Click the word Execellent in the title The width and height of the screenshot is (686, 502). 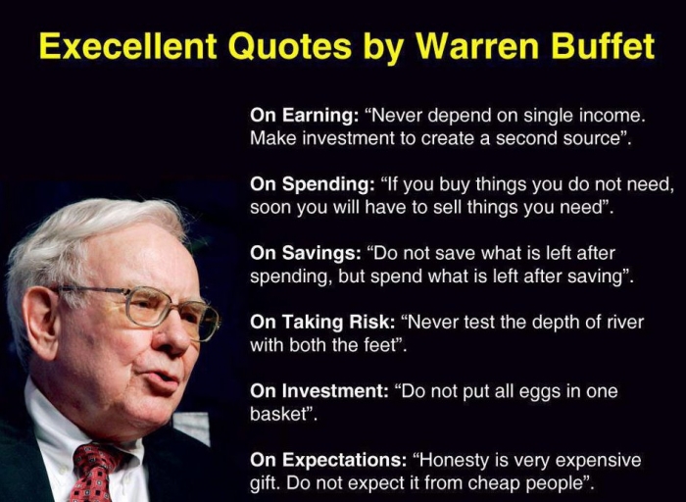pos(127,46)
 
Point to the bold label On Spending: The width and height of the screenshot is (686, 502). pos(311,184)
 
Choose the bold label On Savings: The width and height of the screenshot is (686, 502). pos(306,253)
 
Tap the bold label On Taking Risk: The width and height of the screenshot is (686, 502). pos(322,323)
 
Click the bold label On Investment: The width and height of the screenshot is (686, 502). pos(319,391)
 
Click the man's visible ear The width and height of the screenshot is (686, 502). pos(41,323)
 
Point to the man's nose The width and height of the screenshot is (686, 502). pos(172,337)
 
